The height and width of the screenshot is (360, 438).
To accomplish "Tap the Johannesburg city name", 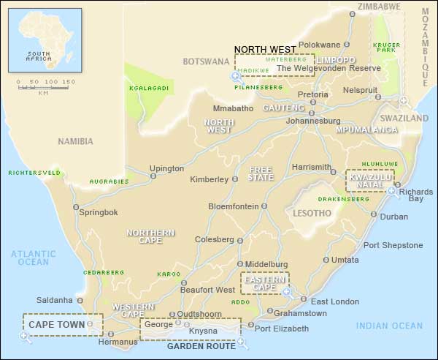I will [314, 121].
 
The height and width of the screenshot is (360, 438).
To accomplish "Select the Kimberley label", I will [208, 180].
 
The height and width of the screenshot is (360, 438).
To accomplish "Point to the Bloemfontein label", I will [233, 206].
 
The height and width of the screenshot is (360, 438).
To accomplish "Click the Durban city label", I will [394, 217].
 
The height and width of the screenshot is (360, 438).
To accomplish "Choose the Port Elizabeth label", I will [281, 329].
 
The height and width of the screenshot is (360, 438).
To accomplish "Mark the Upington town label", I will [166, 168].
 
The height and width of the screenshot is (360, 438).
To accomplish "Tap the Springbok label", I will [98, 212].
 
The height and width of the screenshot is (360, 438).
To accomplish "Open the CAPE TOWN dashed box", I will [63, 323].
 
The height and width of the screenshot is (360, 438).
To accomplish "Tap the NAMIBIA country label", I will [76, 141].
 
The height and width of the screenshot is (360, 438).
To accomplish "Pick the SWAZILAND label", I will [404, 118].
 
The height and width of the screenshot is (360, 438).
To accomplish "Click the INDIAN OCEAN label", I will [389, 326].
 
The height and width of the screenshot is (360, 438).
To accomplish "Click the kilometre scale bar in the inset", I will [43, 87].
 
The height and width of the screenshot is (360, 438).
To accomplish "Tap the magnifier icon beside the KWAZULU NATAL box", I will [392, 192].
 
